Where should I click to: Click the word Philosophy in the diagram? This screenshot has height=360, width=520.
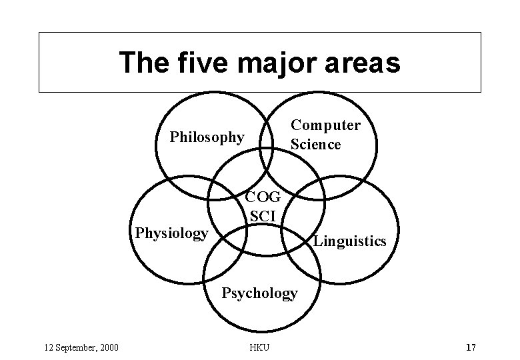[x=207, y=137]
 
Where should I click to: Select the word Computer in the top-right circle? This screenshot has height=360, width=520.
[x=325, y=125]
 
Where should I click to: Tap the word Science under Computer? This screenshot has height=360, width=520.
[x=315, y=144]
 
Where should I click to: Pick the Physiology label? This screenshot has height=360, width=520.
[x=172, y=233]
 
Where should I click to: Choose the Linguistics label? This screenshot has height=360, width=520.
[x=349, y=241]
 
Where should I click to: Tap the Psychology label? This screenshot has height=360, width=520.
[x=259, y=293]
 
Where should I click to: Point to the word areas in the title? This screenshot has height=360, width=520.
[x=363, y=63]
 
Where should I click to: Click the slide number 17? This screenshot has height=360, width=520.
[x=471, y=347]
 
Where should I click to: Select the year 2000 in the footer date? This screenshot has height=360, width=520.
[x=107, y=347]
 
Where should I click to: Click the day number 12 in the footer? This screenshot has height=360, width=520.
[x=47, y=347]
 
